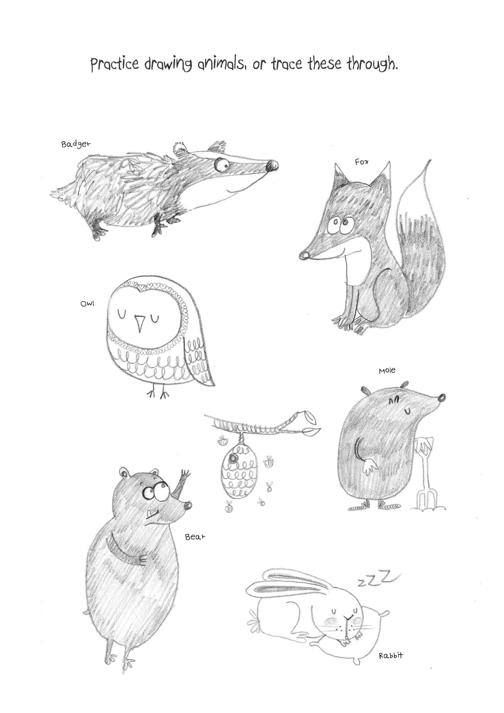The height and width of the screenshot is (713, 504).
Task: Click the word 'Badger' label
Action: point(76,145)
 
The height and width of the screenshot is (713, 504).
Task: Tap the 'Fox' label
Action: point(362,162)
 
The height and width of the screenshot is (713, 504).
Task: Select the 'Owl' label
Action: point(87,303)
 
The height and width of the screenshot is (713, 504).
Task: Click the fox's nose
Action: point(304,255)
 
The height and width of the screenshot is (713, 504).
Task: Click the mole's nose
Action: point(442,397)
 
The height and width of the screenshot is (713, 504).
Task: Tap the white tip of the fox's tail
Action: point(416,192)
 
